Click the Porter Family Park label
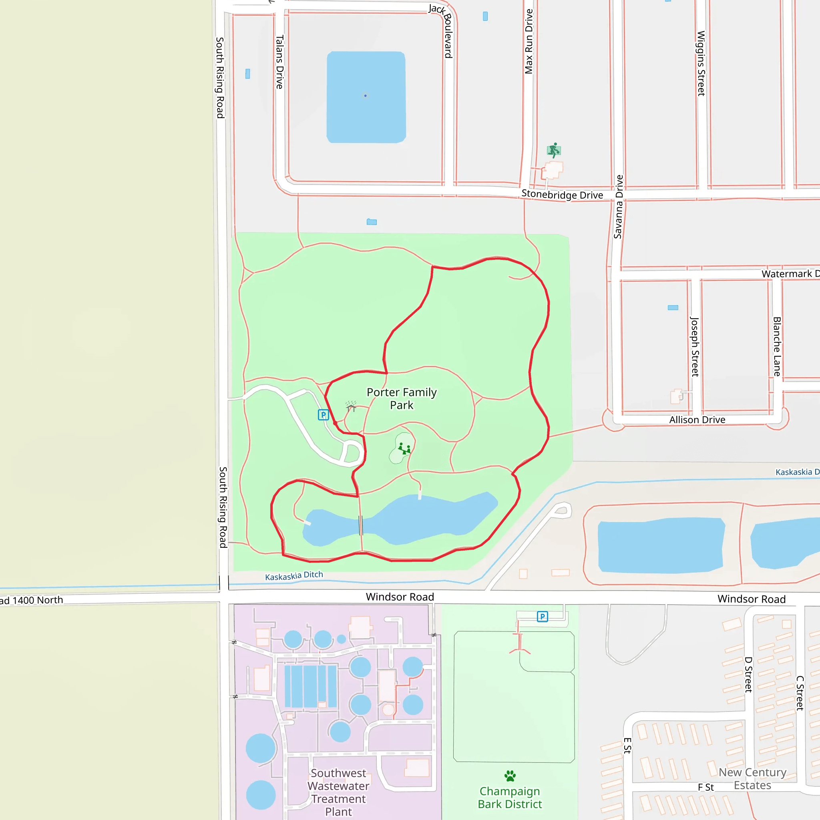click(x=401, y=398)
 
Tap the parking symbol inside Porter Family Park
click(x=324, y=415)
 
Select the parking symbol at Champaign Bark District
click(x=542, y=616)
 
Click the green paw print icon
click(x=510, y=776)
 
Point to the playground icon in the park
click(x=404, y=448)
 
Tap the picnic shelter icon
click(x=351, y=406)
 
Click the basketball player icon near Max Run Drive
click(x=553, y=150)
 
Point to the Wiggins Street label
click(x=701, y=63)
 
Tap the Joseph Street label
click(x=694, y=346)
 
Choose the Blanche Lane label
click(x=777, y=346)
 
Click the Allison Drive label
click(x=697, y=420)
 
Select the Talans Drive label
click(x=279, y=62)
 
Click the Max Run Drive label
click(x=529, y=42)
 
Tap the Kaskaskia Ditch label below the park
click(x=294, y=575)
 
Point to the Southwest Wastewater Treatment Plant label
click(x=338, y=792)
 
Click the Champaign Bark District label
click(x=510, y=798)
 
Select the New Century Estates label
click(x=752, y=778)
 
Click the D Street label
click(x=748, y=674)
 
